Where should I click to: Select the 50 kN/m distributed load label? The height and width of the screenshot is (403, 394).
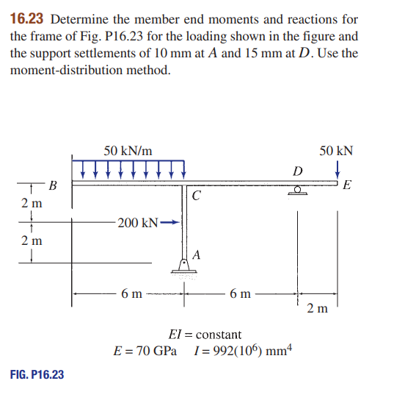pos(128,151)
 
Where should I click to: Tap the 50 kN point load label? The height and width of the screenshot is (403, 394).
pos(337,151)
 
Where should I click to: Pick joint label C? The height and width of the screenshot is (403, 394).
pos(195,196)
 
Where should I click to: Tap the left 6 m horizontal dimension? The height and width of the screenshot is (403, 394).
pos(132,295)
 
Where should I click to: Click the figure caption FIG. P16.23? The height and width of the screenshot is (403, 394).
pos(37,375)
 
